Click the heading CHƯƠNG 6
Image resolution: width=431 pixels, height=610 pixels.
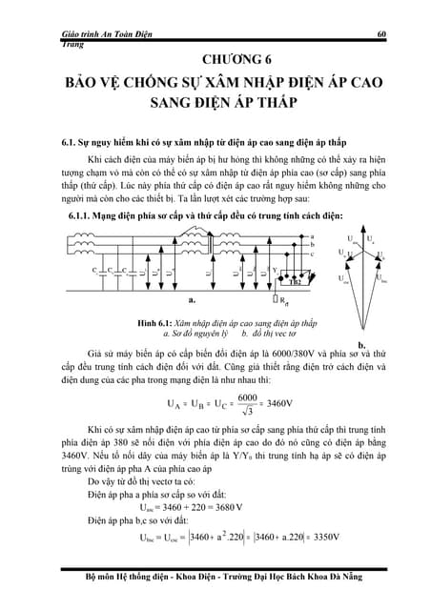[215, 58]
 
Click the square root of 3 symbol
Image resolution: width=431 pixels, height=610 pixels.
[249, 411]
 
